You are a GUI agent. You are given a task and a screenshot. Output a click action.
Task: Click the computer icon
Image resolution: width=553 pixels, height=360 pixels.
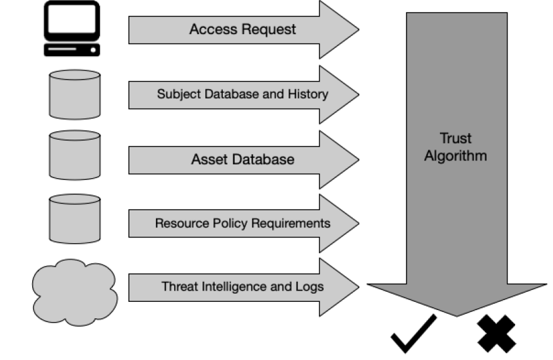point(71,29)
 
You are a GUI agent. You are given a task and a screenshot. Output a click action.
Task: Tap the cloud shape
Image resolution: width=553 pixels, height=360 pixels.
point(74,291)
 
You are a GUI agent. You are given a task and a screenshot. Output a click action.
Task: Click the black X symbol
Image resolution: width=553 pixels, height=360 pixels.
point(496,333)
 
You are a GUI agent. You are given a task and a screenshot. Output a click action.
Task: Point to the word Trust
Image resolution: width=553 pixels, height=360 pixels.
point(455,138)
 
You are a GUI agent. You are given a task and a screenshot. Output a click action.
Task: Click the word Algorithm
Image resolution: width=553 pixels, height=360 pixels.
point(455,156)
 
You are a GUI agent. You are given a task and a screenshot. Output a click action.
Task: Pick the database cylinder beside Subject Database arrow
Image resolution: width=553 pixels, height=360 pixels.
point(74,94)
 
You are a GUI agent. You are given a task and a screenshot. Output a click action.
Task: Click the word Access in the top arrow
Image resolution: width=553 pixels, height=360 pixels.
point(211,30)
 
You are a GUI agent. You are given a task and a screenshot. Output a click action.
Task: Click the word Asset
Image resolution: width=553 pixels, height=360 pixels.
point(209,159)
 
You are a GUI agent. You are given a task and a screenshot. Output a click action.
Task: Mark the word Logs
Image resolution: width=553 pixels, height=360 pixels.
point(309,286)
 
